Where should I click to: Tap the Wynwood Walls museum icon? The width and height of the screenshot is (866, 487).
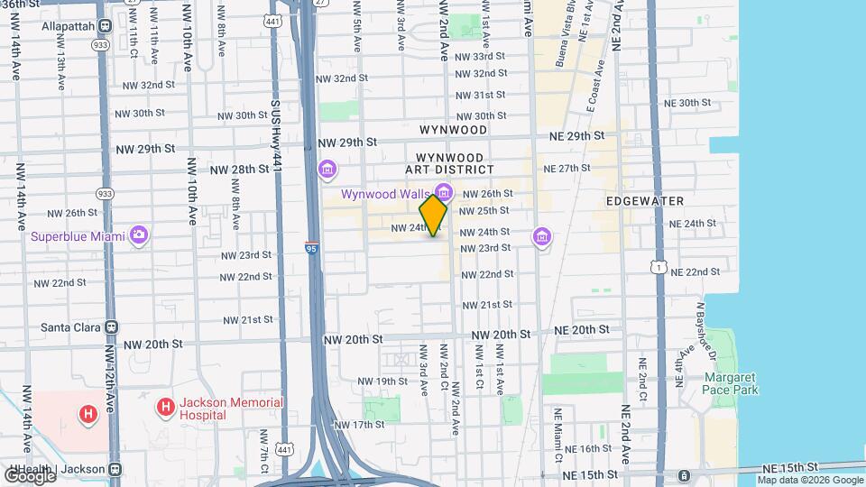(443, 192)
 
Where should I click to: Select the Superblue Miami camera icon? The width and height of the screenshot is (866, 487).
(138, 235)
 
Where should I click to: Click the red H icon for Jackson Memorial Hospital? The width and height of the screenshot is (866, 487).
(165, 409)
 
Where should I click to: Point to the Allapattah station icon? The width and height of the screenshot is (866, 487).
(104, 27)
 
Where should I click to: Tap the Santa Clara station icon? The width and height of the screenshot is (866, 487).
(112, 327)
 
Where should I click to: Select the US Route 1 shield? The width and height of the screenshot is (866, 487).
(661, 266)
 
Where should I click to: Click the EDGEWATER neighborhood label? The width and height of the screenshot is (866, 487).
(645, 201)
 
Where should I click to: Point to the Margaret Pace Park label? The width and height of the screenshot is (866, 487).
(731, 383)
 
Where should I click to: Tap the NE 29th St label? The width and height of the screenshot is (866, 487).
(576, 135)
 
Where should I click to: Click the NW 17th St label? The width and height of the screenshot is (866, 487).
(360, 424)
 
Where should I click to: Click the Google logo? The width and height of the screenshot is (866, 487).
(29, 474)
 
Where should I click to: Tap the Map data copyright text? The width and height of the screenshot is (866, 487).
(809, 480)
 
